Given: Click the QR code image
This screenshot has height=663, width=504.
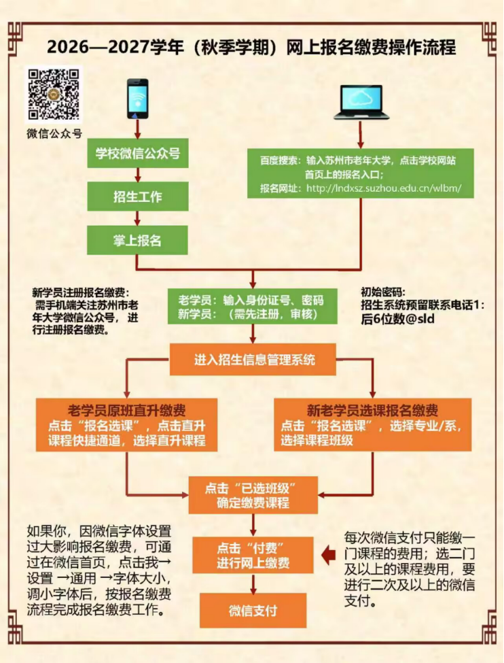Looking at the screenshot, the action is point(53,94).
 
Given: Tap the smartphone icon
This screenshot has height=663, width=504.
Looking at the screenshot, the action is point(138,99).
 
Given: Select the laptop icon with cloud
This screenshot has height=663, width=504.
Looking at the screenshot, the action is point(361,102).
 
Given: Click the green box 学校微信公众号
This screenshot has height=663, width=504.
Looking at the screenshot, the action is point(138,153).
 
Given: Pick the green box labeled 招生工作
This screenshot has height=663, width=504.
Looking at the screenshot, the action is point(138,197).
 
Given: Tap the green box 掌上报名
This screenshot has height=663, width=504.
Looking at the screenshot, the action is point(137,240).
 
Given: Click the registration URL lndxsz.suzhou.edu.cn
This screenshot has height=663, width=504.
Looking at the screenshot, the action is point(384,188).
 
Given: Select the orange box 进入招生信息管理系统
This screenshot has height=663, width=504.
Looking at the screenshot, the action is point(253,360).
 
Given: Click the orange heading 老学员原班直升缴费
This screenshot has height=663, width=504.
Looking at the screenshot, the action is point(127,410).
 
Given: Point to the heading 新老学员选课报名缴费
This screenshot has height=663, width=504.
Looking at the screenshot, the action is point(372,410).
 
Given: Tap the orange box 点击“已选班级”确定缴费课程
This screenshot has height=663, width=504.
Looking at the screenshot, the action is point(253,495).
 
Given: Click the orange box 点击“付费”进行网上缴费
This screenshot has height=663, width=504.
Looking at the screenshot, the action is point(253,555).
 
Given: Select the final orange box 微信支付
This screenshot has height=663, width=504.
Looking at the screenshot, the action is point(253,610).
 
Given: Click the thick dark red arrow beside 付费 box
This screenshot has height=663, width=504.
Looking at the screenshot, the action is point(328,555).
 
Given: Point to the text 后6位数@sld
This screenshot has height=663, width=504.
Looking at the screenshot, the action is point(397,318).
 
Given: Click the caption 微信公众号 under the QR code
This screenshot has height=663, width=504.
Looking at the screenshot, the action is point(54,133).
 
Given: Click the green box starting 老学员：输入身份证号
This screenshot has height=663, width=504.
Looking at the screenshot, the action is point(253,307).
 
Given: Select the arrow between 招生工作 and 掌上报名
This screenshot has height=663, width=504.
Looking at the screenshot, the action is point(137,218).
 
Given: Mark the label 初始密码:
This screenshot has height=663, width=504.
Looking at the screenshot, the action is point(382,292).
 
